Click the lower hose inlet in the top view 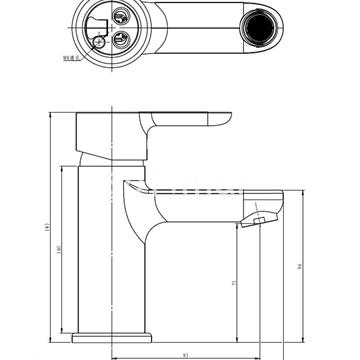(x=120, y=41)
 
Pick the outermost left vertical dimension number (x=45, y=228)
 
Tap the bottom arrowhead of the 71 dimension (x=239, y=335)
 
